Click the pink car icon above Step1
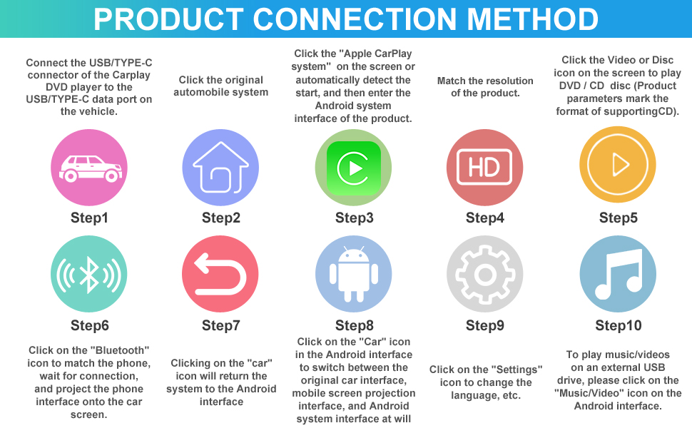[x=89, y=167]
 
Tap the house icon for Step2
[x=220, y=167]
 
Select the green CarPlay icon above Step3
[x=353, y=167]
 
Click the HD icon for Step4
[x=484, y=167]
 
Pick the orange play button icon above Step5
[x=618, y=165]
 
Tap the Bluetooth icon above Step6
[x=89, y=274]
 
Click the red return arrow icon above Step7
[x=220, y=274]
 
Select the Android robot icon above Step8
[x=354, y=274]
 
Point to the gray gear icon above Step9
[x=484, y=274]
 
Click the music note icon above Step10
[x=618, y=274]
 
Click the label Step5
[x=618, y=218]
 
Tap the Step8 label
[x=355, y=325]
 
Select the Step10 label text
[x=619, y=325]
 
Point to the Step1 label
[x=89, y=218]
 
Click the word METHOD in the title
[x=532, y=19]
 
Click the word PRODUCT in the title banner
[x=168, y=19]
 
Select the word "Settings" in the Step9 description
[x=517, y=370]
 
